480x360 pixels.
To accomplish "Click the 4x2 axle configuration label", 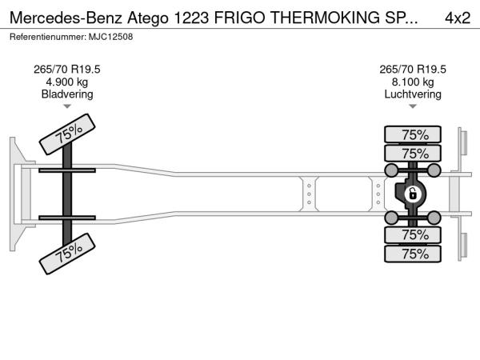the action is coord(458,18).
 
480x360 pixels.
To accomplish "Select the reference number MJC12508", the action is coord(111,37).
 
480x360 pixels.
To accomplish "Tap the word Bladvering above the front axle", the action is coord(67,94).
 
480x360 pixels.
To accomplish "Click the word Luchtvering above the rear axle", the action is coord(413,94).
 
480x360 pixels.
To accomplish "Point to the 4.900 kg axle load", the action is coord(67,82).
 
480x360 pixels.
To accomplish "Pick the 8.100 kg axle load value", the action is coord(413,82).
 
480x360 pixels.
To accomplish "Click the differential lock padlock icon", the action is coord(412,194).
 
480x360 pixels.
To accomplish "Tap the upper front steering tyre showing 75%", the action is coord(67,134).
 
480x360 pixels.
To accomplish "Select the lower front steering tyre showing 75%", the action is coord(67,254).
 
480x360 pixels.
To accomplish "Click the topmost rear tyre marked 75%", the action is coord(413,134).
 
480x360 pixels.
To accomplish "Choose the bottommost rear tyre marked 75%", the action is coord(413,254).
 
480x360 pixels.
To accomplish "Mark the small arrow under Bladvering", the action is coord(67,106).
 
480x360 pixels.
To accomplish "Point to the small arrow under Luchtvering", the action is coord(413,106).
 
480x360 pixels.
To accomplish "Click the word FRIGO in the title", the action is coord(240,18).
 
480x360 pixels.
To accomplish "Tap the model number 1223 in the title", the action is coord(192,18).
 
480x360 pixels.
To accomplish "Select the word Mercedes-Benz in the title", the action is coord(66,18).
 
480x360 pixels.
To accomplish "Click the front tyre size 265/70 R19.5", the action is coord(67,70).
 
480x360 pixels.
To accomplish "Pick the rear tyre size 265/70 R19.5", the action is coord(413,70).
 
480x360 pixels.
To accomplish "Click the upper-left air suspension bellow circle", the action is coord(391,170).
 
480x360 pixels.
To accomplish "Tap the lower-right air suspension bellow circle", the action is coord(434,218).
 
